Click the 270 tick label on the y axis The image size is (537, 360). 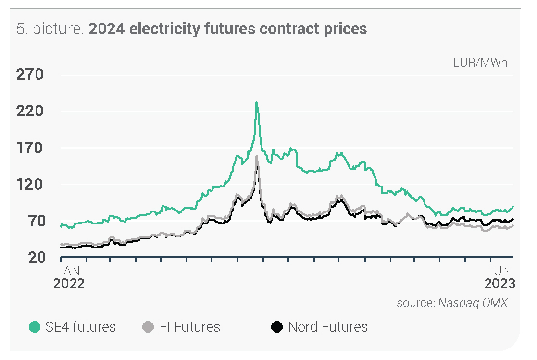(x=30, y=75)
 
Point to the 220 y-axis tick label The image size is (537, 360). (x=30, y=112)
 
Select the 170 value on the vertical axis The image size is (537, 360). (x=30, y=148)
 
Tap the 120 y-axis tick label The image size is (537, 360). (x=30, y=185)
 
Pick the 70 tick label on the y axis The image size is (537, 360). (x=35, y=221)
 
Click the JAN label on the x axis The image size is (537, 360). (x=69, y=271)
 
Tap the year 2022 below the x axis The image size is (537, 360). (x=69, y=284)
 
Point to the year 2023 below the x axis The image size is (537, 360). (x=500, y=284)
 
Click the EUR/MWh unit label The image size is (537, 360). (x=480, y=62)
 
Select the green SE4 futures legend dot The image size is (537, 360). (x=35, y=327)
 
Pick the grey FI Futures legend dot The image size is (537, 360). (x=149, y=327)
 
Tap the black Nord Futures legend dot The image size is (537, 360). (x=276, y=327)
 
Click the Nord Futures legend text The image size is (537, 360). (x=328, y=327)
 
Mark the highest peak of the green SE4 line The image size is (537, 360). (x=257, y=102)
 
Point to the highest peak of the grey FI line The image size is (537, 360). (x=257, y=156)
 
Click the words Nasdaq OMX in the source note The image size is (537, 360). (x=472, y=303)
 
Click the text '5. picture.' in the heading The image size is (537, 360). (x=50, y=29)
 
